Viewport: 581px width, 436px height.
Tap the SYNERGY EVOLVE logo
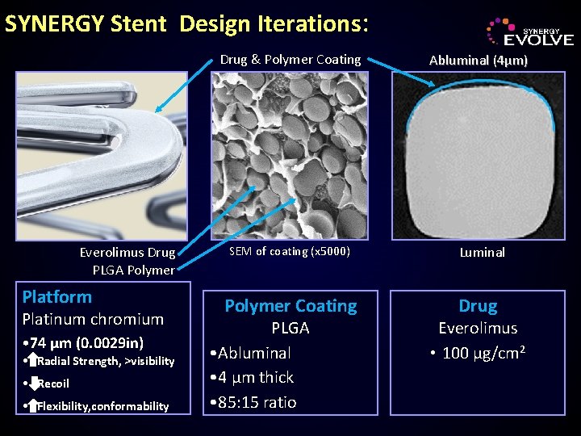(529, 32)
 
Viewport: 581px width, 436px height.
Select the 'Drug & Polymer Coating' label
(290, 59)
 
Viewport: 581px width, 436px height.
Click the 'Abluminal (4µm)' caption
(479, 60)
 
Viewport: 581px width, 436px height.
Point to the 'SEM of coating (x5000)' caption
(290, 251)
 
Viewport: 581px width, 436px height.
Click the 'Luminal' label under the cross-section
(482, 252)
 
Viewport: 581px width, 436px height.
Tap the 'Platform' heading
(57, 296)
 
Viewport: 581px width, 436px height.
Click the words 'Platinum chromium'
(93, 319)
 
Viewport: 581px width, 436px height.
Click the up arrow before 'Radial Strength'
(32, 361)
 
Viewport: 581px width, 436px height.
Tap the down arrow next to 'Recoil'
(32, 383)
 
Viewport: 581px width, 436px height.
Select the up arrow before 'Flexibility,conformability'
(32, 405)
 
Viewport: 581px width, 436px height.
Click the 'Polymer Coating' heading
(290, 306)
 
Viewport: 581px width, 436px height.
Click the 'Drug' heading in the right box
(478, 306)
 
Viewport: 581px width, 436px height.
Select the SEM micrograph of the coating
(290, 156)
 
